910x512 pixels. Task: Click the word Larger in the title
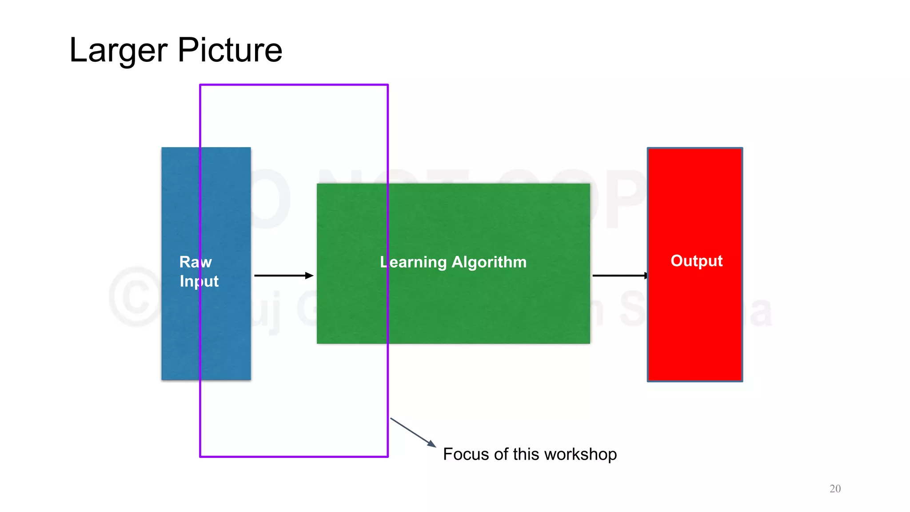click(118, 51)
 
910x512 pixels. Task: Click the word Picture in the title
click(230, 50)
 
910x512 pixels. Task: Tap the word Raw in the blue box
click(196, 262)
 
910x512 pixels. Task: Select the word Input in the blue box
click(199, 281)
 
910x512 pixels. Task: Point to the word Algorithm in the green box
click(489, 262)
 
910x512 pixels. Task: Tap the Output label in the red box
click(696, 260)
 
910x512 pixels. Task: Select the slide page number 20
click(835, 488)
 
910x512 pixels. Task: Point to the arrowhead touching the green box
click(310, 276)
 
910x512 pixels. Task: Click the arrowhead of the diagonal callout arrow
click(432, 444)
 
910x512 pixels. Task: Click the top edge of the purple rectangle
click(294, 84)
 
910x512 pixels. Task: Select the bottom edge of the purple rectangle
click(294, 456)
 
